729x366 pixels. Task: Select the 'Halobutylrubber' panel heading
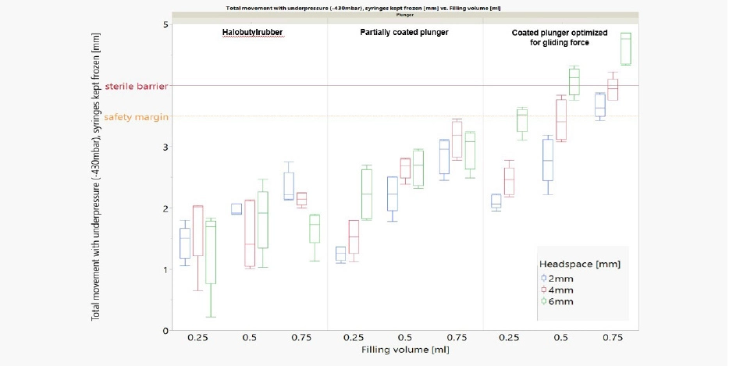pyautogui.click(x=249, y=34)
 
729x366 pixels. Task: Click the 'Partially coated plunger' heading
pyautogui.click(x=404, y=34)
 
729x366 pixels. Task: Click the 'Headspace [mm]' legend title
pyautogui.click(x=578, y=265)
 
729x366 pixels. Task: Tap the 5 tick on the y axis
pyautogui.click(x=165, y=24)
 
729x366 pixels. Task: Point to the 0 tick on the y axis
pyautogui.click(x=165, y=331)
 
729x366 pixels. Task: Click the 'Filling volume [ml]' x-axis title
pyautogui.click(x=404, y=350)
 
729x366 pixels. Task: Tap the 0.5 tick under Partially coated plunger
pyautogui.click(x=404, y=338)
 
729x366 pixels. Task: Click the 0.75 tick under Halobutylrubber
pyautogui.click(x=300, y=338)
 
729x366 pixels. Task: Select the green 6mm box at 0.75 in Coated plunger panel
pyautogui.click(x=625, y=48)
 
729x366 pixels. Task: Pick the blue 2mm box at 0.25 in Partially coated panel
pyautogui.click(x=340, y=254)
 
